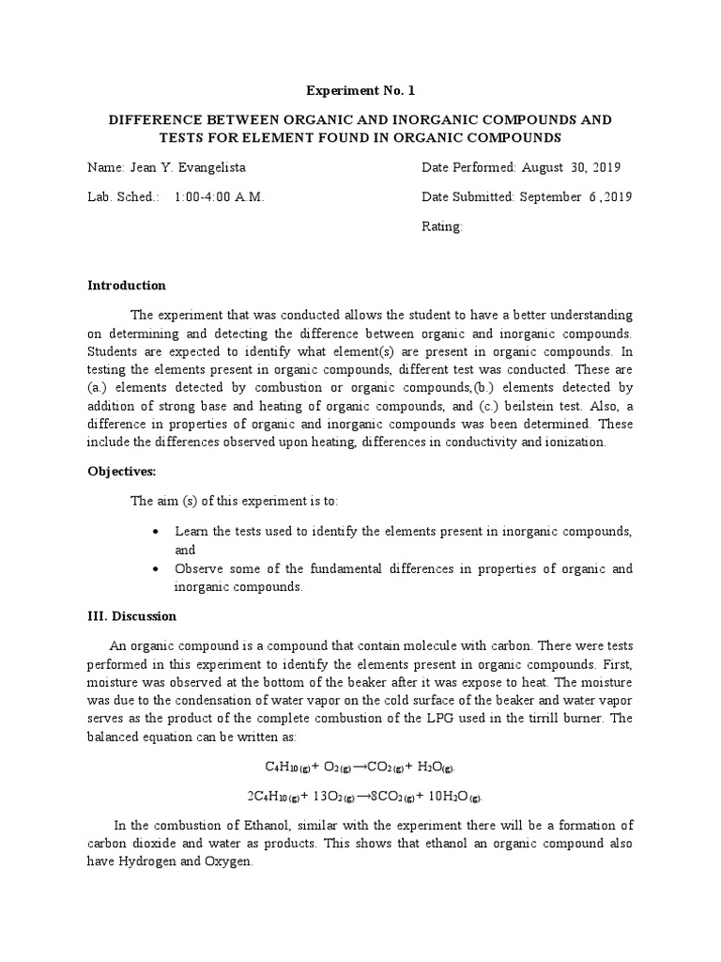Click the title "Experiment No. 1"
(360, 91)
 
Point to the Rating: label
(442, 227)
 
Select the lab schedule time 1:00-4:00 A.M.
(219, 197)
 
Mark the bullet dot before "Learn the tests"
(155, 532)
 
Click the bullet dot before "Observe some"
(155, 569)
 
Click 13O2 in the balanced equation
(333, 797)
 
